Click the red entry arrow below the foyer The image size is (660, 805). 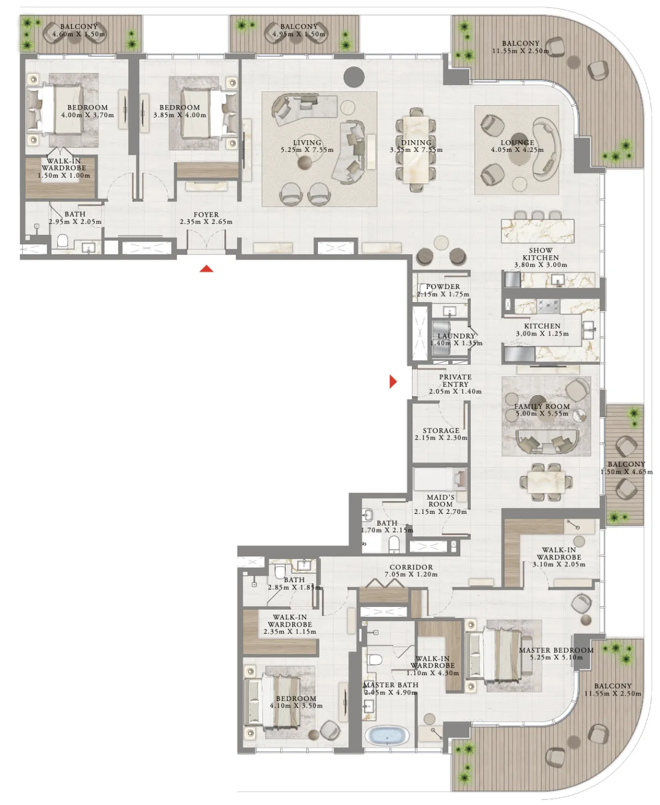pyautogui.click(x=206, y=269)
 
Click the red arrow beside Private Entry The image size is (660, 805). pyautogui.click(x=393, y=381)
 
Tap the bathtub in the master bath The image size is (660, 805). pyautogui.click(x=387, y=736)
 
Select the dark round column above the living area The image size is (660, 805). pyautogui.click(x=354, y=77)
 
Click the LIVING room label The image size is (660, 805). pyautogui.click(x=307, y=143)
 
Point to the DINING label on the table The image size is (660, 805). pyautogui.click(x=416, y=143)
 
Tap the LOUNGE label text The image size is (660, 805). pyautogui.click(x=518, y=143)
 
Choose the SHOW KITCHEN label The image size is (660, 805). pyautogui.click(x=541, y=254)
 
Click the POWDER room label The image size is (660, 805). pyautogui.click(x=443, y=287)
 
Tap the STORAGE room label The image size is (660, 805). pyautogui.click(x=441, y=430)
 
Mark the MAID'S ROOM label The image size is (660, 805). pyautogui.click(x=441, y=501)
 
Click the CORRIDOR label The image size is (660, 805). pyautogui.click(x=411, y=568)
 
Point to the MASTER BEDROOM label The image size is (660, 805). pyautogui.click(x=556, y=650)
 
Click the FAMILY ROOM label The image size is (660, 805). pyautogui.click(x=542, y=407)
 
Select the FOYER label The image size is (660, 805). pyautogui.click(x=206, y=215)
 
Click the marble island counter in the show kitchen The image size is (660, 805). pyautogui.click(x=537, y=231)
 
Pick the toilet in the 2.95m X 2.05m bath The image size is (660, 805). pyautogui.click(x=62, y=241)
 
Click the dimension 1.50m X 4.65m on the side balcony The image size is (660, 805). pyautogui.click(x=626, y=472)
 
